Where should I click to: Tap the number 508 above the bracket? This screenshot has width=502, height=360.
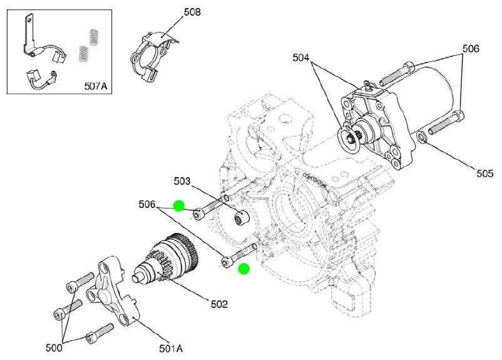point(192,11)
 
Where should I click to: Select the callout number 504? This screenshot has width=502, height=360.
point(301,58)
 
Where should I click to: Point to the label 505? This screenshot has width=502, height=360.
point(484,173)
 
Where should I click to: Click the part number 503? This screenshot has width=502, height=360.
point(182,182)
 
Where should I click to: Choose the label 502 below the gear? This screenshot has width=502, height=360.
point(219,304)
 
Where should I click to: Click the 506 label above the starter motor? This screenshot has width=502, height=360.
point(471,48)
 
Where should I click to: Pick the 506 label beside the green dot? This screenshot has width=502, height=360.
point(147,204)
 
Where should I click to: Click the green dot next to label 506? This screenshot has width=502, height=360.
point(178,205)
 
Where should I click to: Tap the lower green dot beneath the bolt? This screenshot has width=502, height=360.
point(244,269)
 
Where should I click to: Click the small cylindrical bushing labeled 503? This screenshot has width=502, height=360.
point(240,219)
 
